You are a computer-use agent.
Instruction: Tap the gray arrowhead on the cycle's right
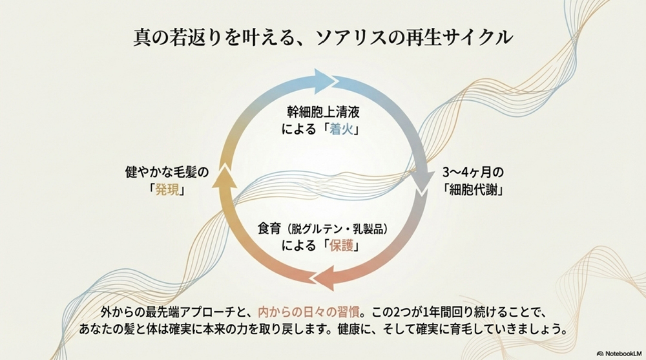pyautogui.click(x=424, y=184)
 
